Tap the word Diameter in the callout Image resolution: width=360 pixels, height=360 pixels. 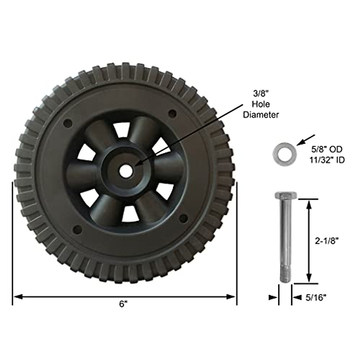261,115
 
